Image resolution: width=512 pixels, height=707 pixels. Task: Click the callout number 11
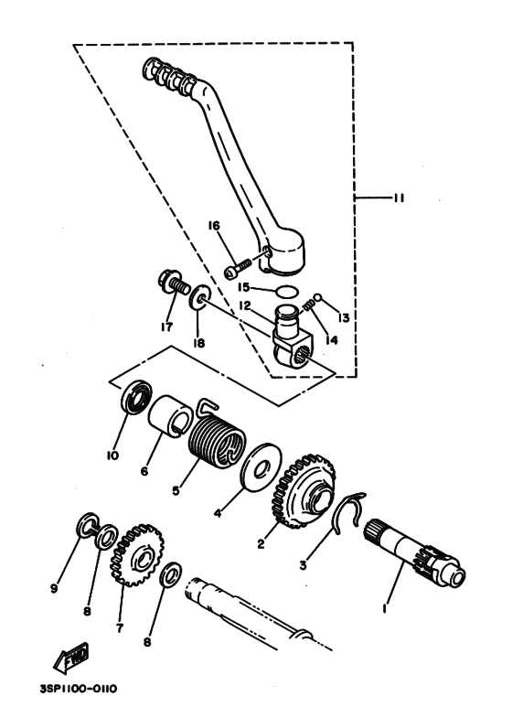(399, 198)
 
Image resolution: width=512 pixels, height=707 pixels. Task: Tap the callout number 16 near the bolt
(214, 225)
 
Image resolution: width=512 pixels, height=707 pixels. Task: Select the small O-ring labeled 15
(287, 291)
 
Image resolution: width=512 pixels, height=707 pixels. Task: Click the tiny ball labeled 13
(317, 297)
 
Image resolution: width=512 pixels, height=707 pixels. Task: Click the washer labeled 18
(197, 296)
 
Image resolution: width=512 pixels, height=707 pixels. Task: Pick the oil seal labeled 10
(137, 397)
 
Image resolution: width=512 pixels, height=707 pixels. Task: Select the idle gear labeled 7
(137, 555)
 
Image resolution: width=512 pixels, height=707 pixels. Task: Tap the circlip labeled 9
(87, 525)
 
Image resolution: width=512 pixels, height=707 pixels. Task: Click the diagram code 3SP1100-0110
(78, 690)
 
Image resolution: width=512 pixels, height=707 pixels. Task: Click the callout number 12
(245, 305)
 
